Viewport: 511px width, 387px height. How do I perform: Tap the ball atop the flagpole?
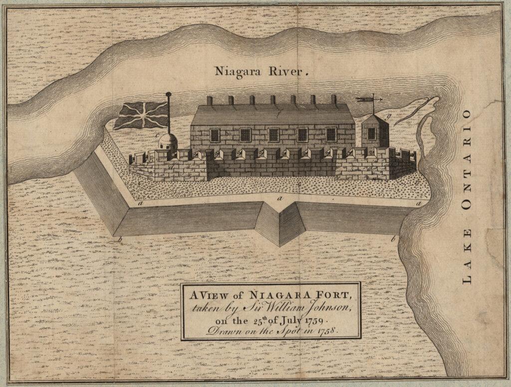pyautogui.click(x=168, y=93)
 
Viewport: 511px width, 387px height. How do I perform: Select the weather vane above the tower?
pyautogui.click(x=370, y=100)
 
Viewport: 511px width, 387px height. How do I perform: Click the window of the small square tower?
pyautogui.click(x=371, y=133)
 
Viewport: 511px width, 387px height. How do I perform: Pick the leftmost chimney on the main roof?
pyautogui.click(x=210, y=100)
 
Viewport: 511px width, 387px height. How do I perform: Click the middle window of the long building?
pyautogui.click(x=273, y=135)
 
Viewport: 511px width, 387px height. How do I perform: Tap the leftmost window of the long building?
pyautogui.click(x=215, y=135)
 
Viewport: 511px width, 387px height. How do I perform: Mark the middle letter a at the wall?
pyautogui.click(x=279, y=198)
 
